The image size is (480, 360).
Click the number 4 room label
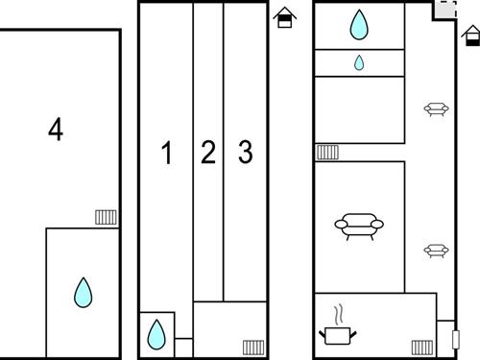tap(56, 129)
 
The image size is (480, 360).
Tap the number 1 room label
tap(167, 153)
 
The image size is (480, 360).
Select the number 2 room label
tap(208, 152)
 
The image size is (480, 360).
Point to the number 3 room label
tap(246, 152)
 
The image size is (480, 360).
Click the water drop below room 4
tap(84, 293)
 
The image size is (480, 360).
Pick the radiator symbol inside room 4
tap(106, 217)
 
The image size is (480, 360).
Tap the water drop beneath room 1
tap(156, 334)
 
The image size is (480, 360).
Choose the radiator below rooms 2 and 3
tap(253, 348)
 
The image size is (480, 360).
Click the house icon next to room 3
tap(284, 17)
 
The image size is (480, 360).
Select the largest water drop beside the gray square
tap(359, 25)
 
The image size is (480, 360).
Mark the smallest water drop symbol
tap(359, 62)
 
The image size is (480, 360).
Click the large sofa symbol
tap(359, 226)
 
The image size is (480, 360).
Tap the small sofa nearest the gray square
tap(436, 109)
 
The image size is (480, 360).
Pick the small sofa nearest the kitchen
tap(436, 251)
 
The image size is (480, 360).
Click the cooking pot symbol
tap(338, 335)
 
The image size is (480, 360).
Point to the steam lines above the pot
tap(339, 314)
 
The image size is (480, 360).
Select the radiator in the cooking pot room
tap(422, 348)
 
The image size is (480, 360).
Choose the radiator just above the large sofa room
tap(327, 152)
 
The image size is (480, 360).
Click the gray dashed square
tap(445, 10)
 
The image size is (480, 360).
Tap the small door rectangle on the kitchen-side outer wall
tap(456, 339)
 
